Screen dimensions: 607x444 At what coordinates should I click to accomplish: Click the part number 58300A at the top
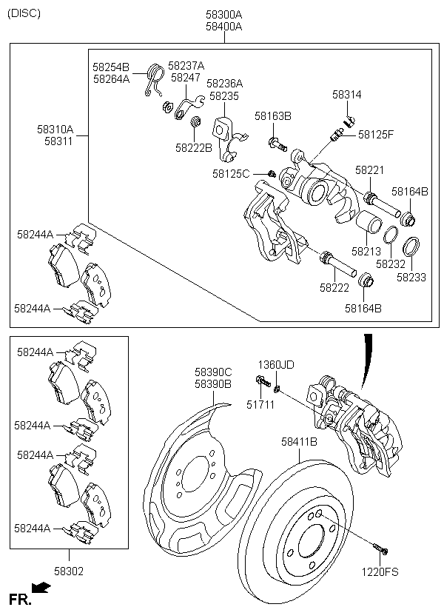pos(223,15)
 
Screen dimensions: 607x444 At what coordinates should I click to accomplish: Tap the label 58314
pos(346,95)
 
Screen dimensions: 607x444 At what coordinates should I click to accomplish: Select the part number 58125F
pos(376,134)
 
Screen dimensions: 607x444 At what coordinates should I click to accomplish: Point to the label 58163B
pos(273,116)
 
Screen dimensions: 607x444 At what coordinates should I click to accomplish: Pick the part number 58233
pos(411,278)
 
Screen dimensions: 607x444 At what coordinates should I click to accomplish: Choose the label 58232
pos(390,264)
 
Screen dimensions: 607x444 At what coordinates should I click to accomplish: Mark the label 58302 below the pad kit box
pos(69,571)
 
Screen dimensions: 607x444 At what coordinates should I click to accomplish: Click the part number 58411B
pos(299,442)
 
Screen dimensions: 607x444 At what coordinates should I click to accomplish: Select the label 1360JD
pos(276,365)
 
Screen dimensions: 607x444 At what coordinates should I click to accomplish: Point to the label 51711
pos(260,403)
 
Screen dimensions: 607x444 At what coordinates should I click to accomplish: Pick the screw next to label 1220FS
pos(380,549)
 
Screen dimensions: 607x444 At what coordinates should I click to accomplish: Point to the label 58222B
pos(194,147)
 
